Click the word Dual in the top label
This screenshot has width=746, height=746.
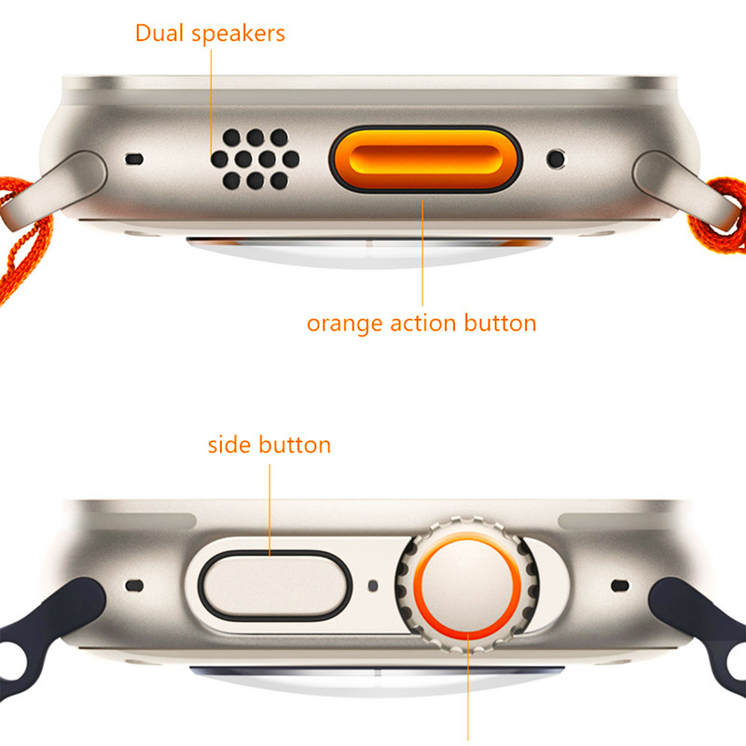click(x=159, y=34)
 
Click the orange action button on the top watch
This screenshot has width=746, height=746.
click(x=425, y=159)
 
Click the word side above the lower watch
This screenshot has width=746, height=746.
click(x=229, y=446)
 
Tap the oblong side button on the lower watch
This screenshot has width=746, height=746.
click(x=274, y=586)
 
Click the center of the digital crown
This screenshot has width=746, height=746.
click(x=467, y=585)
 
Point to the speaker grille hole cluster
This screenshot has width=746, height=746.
click(x=255, y=159)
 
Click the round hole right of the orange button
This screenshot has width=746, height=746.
click(x=556, y=159)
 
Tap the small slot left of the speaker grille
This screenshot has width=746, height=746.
click(x=134, y=159)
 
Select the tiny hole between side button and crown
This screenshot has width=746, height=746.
click(x=373, y=586)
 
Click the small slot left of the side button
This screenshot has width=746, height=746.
click(x=134, y=586)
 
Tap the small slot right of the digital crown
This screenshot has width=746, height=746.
click(x=619, y=586)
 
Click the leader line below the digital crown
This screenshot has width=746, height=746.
click(x=468, y=687)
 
